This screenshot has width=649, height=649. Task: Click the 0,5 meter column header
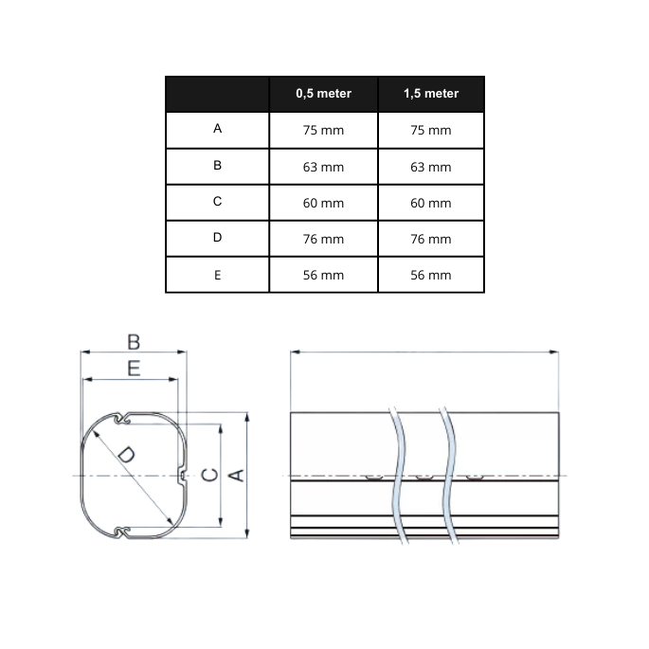323,94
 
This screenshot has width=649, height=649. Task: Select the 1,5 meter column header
431,94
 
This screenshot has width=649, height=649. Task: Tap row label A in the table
217,129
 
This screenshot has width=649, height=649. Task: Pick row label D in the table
217,237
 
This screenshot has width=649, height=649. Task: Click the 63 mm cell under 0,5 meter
323,167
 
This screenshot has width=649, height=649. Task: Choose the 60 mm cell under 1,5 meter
431,203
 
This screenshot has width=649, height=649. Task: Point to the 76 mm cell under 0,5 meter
323,239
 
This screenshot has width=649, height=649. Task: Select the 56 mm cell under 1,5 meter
431,275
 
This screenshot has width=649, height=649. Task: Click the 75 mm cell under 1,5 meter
431,130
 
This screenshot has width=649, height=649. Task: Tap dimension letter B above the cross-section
134,342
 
